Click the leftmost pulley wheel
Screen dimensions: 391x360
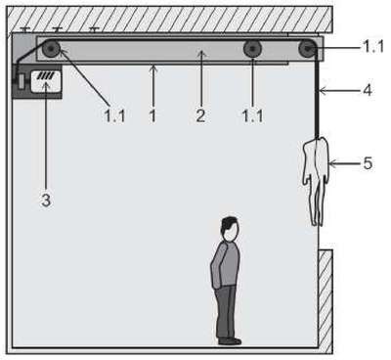point(51,50)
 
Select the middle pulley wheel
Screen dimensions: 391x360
point(252,50)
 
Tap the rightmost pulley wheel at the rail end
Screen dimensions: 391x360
point(307,49)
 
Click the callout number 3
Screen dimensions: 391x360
point(46,201)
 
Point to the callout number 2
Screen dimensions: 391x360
point(200,115)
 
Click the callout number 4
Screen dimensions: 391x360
point(368,90)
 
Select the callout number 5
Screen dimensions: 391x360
point(368,163)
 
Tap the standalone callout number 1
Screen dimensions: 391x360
point(152,115)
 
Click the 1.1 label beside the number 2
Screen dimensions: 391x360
point(253,115)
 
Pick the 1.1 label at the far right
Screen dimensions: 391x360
point(373,48)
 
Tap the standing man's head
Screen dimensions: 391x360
point(230,229)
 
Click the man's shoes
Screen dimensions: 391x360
point(230,341)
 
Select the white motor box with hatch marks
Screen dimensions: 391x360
point(46,81)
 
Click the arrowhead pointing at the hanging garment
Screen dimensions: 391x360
point(332,162)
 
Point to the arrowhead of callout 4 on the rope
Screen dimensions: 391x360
point(323,90)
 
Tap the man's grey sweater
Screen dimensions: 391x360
point(226,265)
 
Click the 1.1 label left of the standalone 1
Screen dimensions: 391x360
point(114,115)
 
